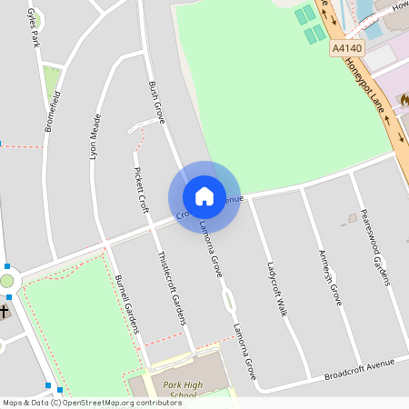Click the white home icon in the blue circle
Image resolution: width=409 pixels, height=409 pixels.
point(204,196)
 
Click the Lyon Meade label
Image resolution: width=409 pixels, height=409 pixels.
point(95,137)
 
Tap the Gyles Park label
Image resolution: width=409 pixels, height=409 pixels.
point(35,19)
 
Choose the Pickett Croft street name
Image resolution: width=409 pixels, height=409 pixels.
point(140,190)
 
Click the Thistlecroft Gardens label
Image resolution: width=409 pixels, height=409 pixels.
point(172,287)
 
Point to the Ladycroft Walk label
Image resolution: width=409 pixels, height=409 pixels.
point(276,289)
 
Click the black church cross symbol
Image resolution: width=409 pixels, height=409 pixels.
point(4,311)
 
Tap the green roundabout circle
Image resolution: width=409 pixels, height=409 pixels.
point(6,281)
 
